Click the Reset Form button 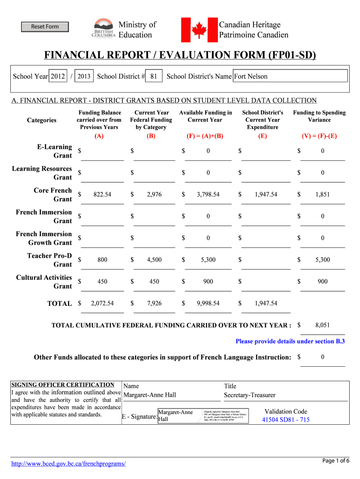[45, 27]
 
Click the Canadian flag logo [199, 29]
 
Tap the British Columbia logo [103, 29]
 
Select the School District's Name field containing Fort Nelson [290, 76]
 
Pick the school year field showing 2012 [58, 76]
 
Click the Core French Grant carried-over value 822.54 [102, 195]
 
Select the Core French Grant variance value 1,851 [322, 195]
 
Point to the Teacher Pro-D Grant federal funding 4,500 [154, 260]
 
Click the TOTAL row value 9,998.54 [208, 304]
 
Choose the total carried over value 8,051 [322, 325]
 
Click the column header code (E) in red [262, 136]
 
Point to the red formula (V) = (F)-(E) [320, 136]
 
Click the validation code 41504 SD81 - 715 [286, 420]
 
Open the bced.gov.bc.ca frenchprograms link [68, 464]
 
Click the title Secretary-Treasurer [250, 395]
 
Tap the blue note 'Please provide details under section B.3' [290, 341]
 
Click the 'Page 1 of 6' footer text [336, 461]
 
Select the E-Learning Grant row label [54, 151]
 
